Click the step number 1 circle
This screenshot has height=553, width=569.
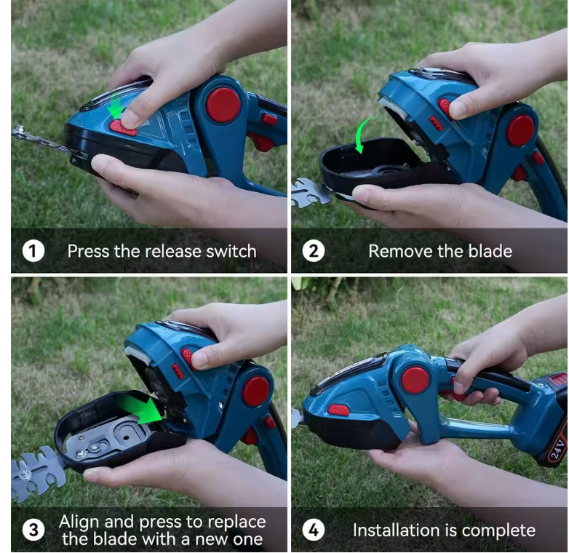pyautogui.click(x=33, y=251)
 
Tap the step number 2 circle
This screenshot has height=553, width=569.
pyautogui.click(x=314, y=251)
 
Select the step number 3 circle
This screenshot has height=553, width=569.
pyautogui.click(x=33, y=530)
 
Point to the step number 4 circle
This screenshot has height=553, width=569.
pyautogui.click(x=314, y=530)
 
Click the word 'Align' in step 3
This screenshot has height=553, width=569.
pyautogui.click(x=80, y=522)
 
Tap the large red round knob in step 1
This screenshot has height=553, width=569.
pyautogui.click(x=223, y=105)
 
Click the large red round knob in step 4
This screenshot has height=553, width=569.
pyautogui.click(x=415, y=381)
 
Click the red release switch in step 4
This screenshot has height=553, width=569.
pyautogui.click(x=338, y=410)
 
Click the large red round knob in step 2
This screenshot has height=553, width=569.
pyautogui.click(x=520, y=131)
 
